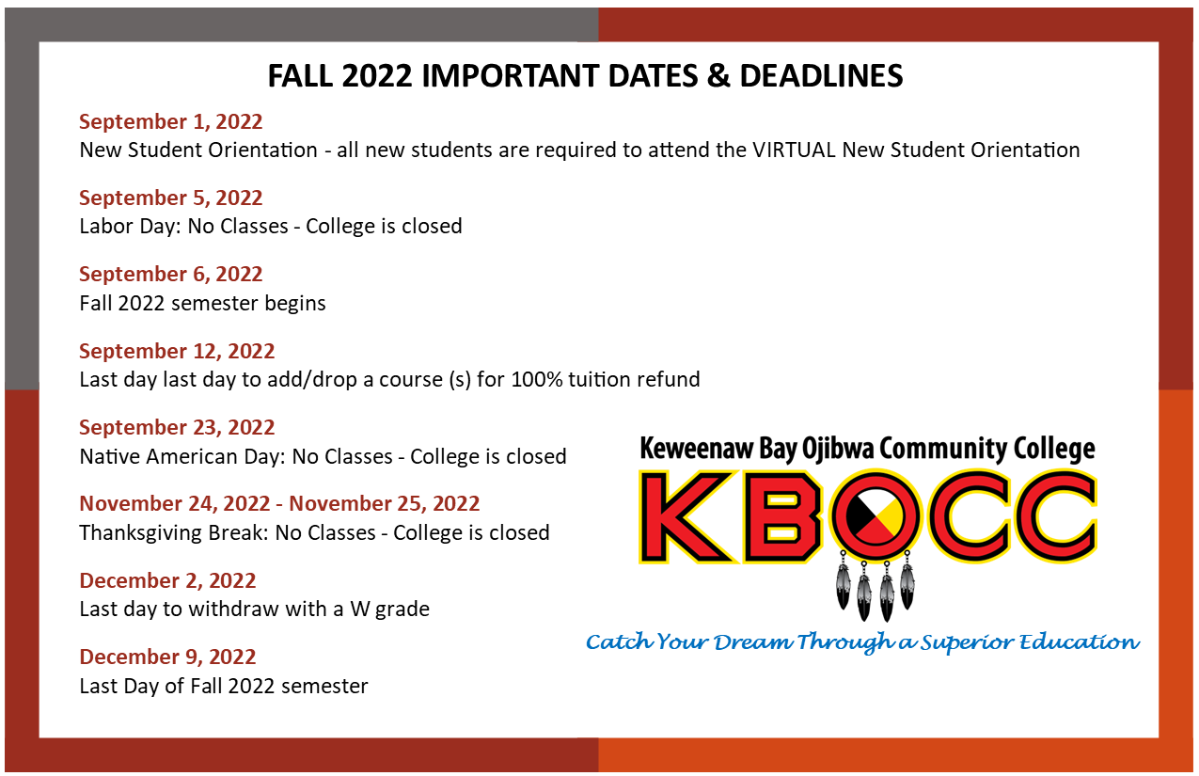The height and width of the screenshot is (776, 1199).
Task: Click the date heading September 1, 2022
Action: (x=171, y=121)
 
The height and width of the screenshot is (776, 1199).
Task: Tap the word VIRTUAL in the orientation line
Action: (x=794, y=150)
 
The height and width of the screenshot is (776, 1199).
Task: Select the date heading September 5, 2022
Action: (x=171, y=198)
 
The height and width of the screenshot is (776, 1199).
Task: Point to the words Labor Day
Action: (x=130, y=227)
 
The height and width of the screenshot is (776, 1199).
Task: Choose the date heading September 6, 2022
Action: (x=171, y=274)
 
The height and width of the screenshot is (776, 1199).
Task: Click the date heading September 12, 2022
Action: (x=177, y=351)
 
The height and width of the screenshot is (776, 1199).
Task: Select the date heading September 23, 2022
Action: (x=177, y=427)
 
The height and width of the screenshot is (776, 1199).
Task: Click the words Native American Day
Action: (x=182, y=457)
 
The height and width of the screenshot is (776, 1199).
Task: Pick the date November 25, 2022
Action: (x=385, y=503)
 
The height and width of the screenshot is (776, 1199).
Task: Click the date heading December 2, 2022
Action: (x=167, y=580)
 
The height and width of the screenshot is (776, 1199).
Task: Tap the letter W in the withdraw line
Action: (x=359, y=610)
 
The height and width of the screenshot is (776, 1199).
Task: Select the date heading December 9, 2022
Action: (x=167, y=657)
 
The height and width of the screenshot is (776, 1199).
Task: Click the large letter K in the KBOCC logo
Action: (x=686, y=516)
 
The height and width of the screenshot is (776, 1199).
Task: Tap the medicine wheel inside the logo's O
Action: (x=876, y=515)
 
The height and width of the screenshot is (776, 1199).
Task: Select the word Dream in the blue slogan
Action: (x=752, y=641)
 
